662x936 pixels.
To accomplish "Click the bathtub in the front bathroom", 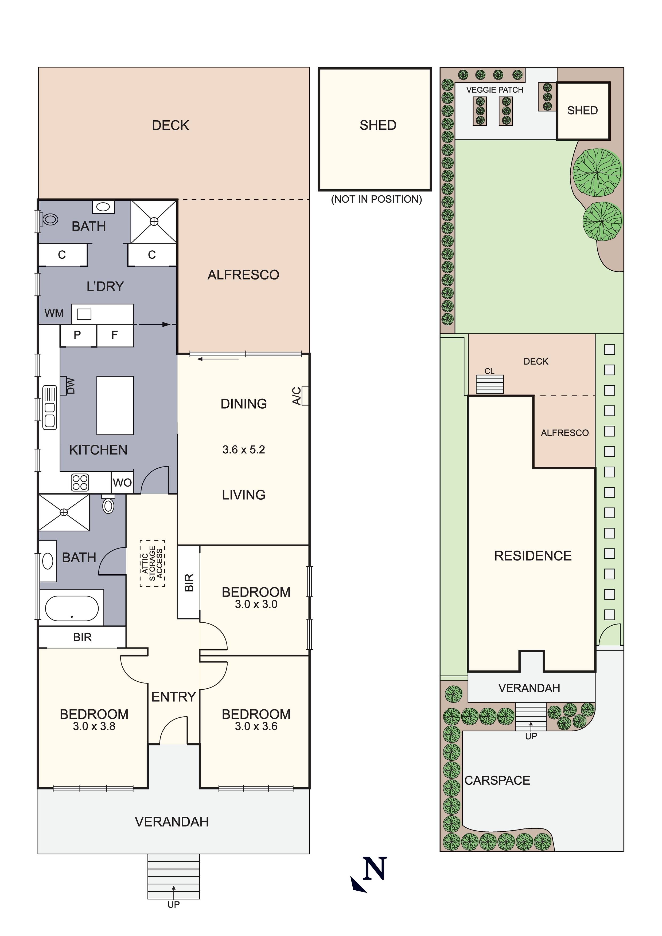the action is pos(71,609).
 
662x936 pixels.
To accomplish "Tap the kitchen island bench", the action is pos(115,405).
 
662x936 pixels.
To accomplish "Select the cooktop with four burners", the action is pos(80,482).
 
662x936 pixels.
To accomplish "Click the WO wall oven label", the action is pos(122,483).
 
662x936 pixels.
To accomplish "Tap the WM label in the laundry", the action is pos(54,313).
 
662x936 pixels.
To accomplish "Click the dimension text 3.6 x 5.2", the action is pos(244,450).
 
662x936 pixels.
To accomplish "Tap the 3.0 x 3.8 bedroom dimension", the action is pos(94,726).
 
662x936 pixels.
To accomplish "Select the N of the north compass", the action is pos(375,868).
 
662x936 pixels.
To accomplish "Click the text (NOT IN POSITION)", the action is pos(376,199).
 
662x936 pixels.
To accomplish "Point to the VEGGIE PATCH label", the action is pos(495,90).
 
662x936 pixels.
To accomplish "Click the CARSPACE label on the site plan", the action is pos(497,780).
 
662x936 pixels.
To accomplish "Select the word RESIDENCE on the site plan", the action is pos(533,556).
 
